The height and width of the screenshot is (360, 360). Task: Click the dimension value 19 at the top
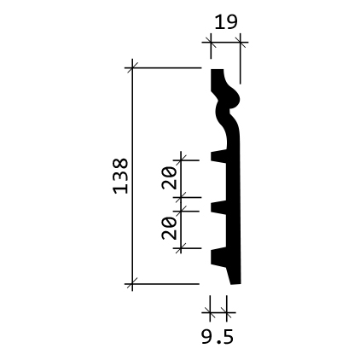coord(225,21)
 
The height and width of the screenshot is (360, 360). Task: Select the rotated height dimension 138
coord(120,175)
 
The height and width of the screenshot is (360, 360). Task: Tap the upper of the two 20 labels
coord(169,177)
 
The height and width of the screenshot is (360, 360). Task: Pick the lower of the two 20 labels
coord(169,227)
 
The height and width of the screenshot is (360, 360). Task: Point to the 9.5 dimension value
coord(218,337)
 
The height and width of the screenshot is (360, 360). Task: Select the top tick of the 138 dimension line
coord(131,67)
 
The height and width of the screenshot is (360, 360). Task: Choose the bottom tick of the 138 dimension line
coord(131,282)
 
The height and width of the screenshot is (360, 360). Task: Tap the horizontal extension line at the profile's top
coord(166,67)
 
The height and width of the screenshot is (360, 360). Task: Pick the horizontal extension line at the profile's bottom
coord(166,282)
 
